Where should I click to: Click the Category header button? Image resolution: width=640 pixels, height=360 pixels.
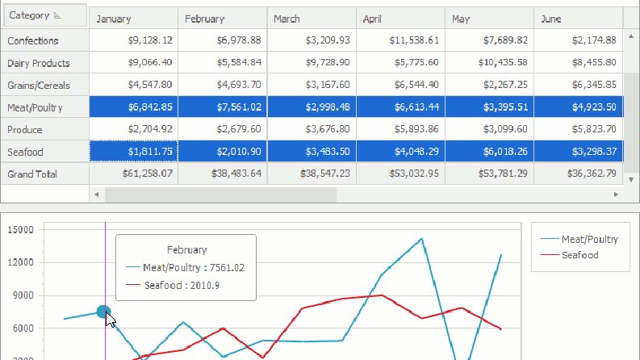click(45, 15)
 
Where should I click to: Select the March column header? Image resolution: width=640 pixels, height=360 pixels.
click(312, 19)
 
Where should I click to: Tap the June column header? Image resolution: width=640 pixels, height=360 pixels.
click(579, 19)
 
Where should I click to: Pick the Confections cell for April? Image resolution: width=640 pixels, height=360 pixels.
click(400, 40)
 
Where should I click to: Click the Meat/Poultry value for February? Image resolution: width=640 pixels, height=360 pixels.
click(223, 107)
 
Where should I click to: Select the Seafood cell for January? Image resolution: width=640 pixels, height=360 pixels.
click(133, 152)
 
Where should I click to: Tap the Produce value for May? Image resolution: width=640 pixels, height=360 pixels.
click(489, 129)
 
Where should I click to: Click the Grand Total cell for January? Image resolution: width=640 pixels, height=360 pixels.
click(133, 174)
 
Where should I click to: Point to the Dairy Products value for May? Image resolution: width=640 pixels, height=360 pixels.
click(489, 62)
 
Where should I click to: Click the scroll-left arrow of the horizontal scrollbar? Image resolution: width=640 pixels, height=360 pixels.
click(96, 195)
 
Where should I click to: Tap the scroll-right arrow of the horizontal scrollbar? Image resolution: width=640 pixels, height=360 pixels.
click(616, 195)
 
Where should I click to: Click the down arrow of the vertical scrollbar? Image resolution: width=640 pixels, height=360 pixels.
click(631, 179)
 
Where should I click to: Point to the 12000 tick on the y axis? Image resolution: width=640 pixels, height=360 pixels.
click(21, 262)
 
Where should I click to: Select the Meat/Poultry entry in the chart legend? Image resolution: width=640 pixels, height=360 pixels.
click(579, 239)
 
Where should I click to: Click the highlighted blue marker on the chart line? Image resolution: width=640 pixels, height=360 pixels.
click(103, 312)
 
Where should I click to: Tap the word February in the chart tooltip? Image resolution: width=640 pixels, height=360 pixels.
click(187, 249)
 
